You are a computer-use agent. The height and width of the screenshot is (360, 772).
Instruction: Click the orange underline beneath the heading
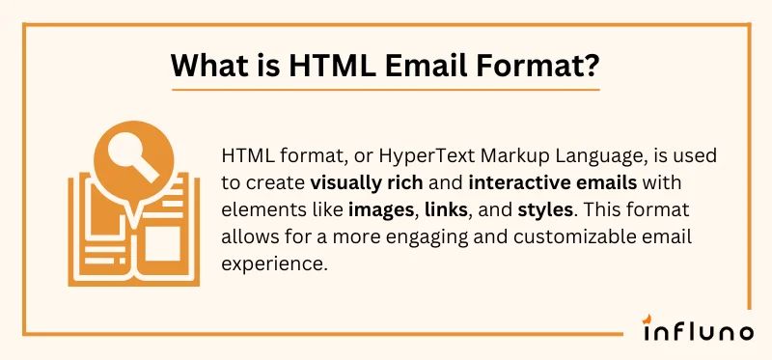[x=384, y=90]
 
